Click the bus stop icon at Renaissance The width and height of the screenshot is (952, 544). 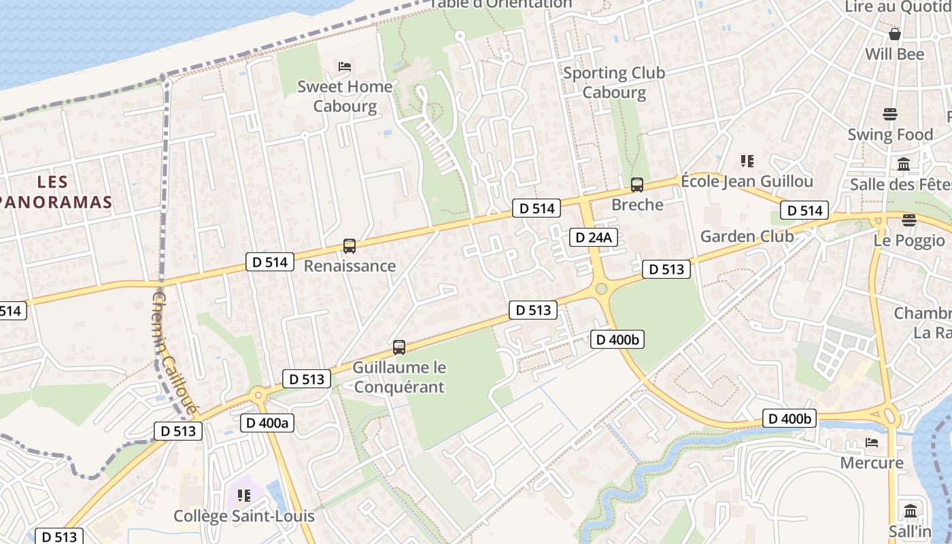point(350,246)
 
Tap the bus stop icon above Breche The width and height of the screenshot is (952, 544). point(637,184)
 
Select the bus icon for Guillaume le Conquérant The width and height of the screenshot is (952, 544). point(399,347)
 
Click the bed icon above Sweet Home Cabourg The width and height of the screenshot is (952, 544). point(345,67)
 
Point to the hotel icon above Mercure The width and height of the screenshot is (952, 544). point(872,443)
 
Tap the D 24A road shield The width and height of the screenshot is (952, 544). point(594,237)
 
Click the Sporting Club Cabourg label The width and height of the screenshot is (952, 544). point(614,82)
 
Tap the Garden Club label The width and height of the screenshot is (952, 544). point(747,237)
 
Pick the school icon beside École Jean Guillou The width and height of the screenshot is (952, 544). point(747,161)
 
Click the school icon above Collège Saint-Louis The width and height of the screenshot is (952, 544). point(244,496)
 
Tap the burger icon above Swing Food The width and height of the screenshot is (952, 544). point(889,114)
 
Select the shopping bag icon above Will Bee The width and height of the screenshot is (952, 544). point(895,33)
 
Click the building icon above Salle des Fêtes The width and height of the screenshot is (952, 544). point(904,164)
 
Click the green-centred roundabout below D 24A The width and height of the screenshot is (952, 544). point(601,289)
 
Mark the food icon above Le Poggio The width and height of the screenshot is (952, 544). point(909,220)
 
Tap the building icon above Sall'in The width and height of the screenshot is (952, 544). point(911,510)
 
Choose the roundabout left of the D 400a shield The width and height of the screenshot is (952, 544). point(258,396)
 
